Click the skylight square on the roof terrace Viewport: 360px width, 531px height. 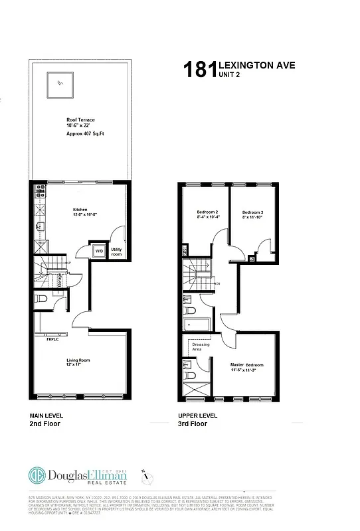click(x=59, y=84)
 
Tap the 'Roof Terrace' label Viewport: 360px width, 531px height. click(x=80, y=119)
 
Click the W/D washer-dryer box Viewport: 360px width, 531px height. click(x=99, y=251)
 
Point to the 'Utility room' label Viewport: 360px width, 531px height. click(x=116, y=252)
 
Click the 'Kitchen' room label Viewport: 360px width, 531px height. click(x=80, y=210)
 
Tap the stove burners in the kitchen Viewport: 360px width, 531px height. click(x=39, y=193)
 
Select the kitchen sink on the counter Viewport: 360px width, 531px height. click(x=40, y=226)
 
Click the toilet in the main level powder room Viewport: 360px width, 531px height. click(x=41, y=300)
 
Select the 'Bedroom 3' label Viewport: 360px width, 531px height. click(x=253, y=212)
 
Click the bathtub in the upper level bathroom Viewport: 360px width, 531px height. click(x=197, y=325)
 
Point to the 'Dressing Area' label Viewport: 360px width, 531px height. click(x=200, y=346)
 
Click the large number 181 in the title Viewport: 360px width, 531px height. click(x=199, y=69)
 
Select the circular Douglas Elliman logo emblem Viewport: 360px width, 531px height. click(x=37, y=475)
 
